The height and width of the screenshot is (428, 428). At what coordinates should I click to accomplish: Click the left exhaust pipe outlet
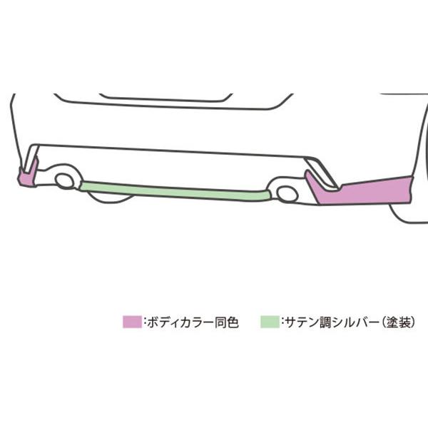pos(65,180)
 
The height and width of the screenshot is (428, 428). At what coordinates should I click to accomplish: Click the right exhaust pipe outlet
pos(287,193)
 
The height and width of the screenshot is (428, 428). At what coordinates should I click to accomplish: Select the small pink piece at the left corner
pos(26,176)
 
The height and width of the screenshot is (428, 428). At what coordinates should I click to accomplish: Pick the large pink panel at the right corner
pos(371,191)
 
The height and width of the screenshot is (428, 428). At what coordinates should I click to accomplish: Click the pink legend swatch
pos(133,322)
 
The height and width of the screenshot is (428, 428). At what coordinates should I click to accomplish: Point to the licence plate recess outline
pos(165,97)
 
